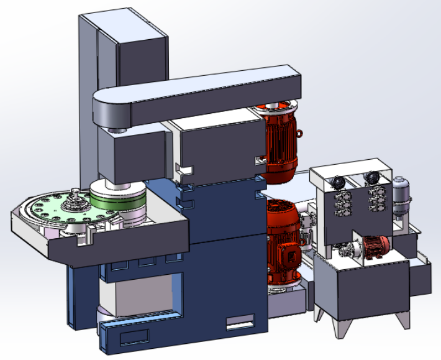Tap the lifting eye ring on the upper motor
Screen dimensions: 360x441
tap(300, 132)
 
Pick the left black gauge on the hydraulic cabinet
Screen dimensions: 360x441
tap(338, 182)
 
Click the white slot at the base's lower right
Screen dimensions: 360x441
tap(240, 323)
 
